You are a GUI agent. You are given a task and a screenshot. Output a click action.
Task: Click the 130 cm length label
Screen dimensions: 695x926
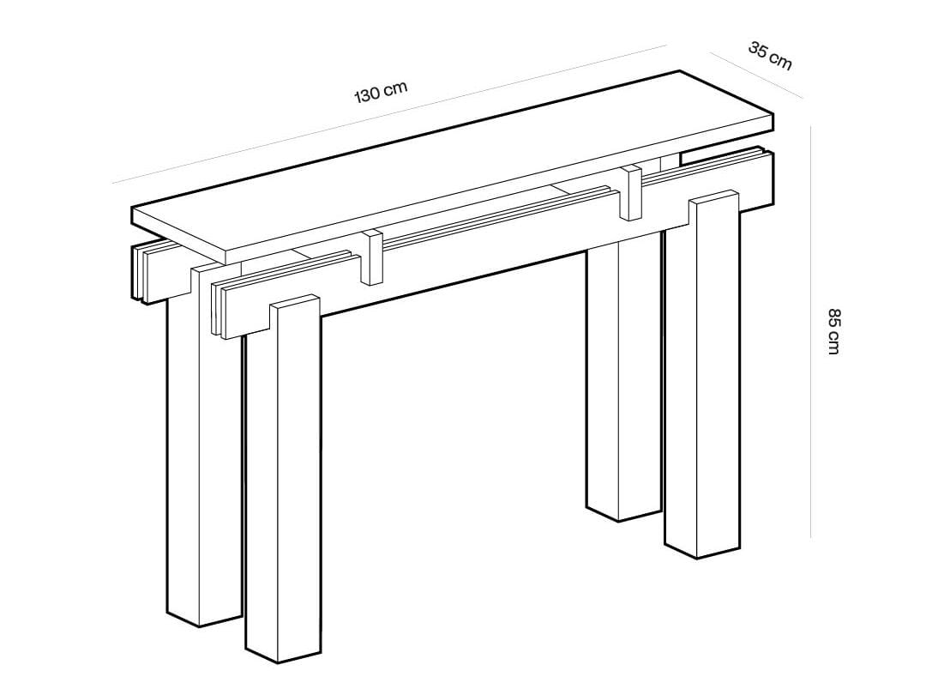tap(381, 92)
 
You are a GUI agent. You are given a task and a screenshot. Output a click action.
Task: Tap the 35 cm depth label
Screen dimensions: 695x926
tap(770, 55)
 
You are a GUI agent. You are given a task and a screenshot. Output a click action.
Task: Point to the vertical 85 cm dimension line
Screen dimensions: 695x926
tap(810, 330)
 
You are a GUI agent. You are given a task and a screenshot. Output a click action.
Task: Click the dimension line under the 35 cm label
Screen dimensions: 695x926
tap(755, 72)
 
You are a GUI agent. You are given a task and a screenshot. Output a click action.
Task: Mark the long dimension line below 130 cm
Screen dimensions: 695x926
tap(386, 114)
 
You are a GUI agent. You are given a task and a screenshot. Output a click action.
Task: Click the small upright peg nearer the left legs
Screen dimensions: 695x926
tap(372, 257)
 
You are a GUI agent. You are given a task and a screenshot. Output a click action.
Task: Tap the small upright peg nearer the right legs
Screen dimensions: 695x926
tap(631, 192)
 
